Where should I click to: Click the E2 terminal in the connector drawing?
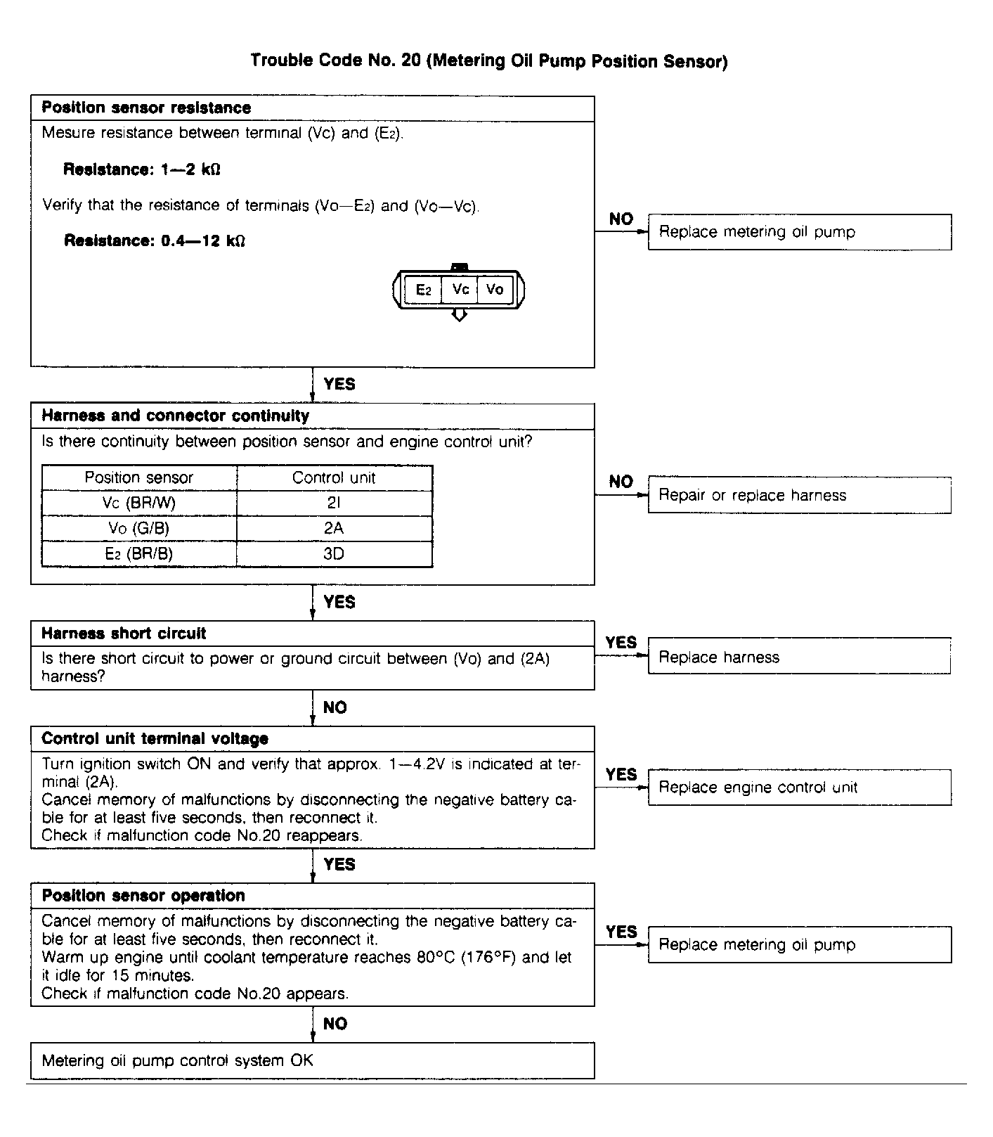pyautogui.click(x=423, y=290)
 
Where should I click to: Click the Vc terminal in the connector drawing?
pyautogui.click(x=460, y=290)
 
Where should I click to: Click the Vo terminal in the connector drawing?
pyautogui.click(x=495, y=290)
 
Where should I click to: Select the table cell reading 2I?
pyautogui.click(x=334, y=503)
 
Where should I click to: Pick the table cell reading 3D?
pyautogui.click(x=334, y=554)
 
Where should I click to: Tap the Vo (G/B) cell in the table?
pyautogui.click(x=139, y=529)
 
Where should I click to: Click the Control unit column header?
pyautogui.click(x=334, y=478)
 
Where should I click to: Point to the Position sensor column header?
pyautogui.click(x=139, y=478)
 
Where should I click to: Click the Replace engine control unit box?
pyautogui.click(x=799, y=788)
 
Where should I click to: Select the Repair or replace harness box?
pyautogui.click(x=799, y=496)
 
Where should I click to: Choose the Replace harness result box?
pyautogui.click(x=799, y=657)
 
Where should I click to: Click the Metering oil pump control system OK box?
pyautogui.click(x=312, y=1060)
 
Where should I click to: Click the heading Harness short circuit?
pyautogui.click(x=124, y=634)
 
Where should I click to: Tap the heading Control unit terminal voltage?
pyautogui.click(x=155, y=739)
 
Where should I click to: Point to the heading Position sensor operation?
pyautogui.click(x=143, y=896)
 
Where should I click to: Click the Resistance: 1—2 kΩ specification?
pyautogui.click(x=142, y=169)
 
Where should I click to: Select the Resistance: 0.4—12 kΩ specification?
pyautogui.click(x=155, y=241)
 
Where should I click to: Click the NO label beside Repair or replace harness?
pyautogui.click(x=621, y=482)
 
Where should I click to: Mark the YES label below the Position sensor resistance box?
pyautogui.click(x=339, y=385)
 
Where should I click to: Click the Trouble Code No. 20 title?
pyautogui.click(x=489, y=61)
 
